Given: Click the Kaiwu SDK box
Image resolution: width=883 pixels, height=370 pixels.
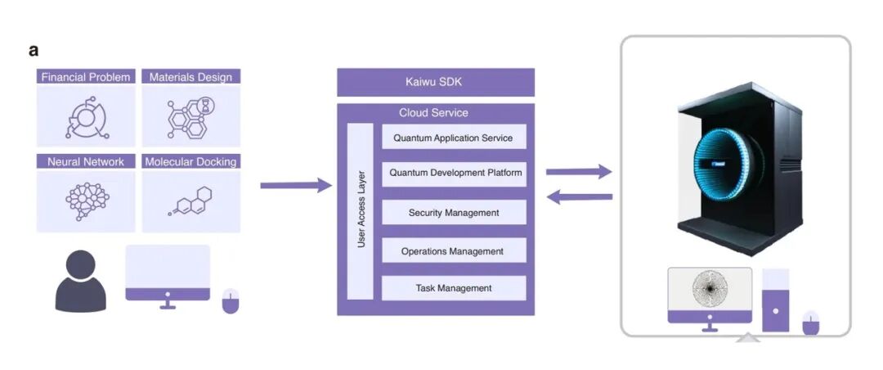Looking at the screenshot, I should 436,82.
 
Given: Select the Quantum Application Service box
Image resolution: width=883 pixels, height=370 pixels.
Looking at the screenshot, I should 454,138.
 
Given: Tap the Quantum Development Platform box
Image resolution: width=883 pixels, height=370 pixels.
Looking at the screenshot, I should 454,174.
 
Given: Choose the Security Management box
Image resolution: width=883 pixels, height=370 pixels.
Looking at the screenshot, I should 454,213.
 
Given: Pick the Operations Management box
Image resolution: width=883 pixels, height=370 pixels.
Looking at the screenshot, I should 454,251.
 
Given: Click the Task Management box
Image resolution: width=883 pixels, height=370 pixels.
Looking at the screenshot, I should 454,288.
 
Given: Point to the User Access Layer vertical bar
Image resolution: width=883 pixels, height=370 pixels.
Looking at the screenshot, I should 361,212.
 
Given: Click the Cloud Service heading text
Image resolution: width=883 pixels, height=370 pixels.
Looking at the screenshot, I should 433,112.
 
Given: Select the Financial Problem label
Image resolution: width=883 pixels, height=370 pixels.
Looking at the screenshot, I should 86,77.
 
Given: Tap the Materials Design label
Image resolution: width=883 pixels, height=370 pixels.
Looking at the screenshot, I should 191,77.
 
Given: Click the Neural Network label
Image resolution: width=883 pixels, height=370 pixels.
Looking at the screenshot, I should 86,162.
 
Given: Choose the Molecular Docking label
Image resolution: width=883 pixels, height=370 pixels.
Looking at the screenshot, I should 191,162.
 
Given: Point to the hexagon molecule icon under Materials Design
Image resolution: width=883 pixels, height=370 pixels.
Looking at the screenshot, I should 190,116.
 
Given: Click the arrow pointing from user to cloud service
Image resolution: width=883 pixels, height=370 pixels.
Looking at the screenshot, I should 295,186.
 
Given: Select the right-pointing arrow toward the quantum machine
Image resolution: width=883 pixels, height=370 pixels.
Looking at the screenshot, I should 579,172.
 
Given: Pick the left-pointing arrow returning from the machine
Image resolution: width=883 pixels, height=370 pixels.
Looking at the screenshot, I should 579,196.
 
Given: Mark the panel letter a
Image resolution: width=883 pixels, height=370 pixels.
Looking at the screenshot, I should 34,51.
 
